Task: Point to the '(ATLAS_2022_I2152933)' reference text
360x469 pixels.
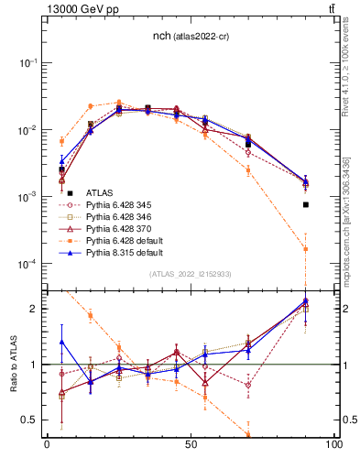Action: [x=191, y=275]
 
